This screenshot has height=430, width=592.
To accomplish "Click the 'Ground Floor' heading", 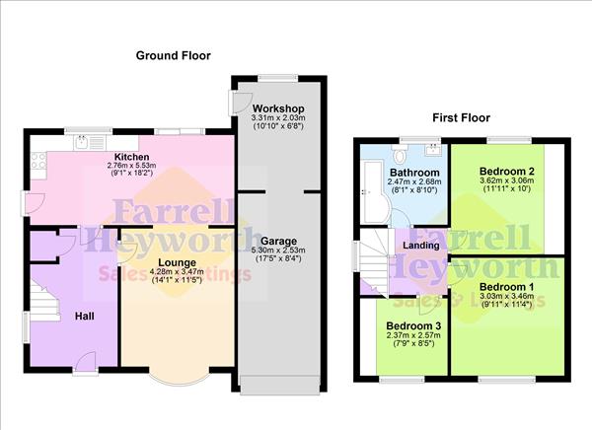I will click(x=173, y=55).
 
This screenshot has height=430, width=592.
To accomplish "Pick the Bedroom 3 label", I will click(x=408, y=325).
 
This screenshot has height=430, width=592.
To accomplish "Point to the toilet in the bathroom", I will click(x=399, y=154).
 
